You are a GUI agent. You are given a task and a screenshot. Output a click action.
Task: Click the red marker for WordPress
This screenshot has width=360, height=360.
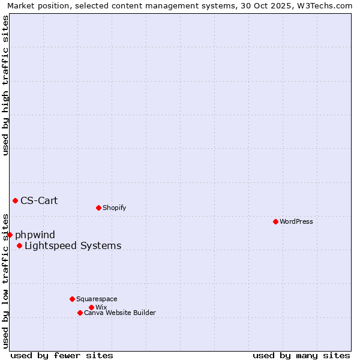tap(275, 221)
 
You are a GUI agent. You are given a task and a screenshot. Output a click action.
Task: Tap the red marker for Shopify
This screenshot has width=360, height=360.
tap(98, 208)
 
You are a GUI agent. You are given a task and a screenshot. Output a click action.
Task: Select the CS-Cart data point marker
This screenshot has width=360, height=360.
tap(15, 200)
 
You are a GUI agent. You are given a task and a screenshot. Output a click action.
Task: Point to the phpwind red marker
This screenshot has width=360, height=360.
tap(10, 235)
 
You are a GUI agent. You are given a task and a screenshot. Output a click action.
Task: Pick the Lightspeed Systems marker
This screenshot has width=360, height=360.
tap(19, 245)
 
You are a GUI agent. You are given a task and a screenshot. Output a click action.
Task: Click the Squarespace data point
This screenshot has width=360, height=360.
tap(72, 299)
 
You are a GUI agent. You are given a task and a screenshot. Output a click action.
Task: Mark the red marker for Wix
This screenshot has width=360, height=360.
tap(91, 307)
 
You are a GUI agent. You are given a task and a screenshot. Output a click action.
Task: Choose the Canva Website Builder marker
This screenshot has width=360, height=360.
tap(80, 313)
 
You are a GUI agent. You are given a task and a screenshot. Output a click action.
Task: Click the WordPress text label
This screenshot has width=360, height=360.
tap(296, 221)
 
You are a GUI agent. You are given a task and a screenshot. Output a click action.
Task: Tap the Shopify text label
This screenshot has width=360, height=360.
tap(115, 208)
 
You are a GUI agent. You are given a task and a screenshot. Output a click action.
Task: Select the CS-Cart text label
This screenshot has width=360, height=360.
tap(39, 200)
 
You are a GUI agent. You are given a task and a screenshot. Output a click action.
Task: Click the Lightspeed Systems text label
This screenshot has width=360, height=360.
tap(73, 245)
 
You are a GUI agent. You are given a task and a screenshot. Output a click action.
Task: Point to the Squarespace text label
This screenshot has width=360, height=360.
tap(97, 299)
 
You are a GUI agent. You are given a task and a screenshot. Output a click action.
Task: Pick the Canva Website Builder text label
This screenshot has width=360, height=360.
tap(119, 313)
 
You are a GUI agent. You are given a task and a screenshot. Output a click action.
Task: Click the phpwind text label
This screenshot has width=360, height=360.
tap(35, 235)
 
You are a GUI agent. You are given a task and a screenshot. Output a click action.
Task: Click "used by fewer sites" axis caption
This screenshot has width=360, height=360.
tap(62, 355)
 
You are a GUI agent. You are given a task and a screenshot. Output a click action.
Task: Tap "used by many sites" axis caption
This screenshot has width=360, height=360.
tap(301, 355)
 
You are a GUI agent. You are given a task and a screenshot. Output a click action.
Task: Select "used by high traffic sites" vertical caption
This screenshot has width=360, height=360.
tap(5, 85)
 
